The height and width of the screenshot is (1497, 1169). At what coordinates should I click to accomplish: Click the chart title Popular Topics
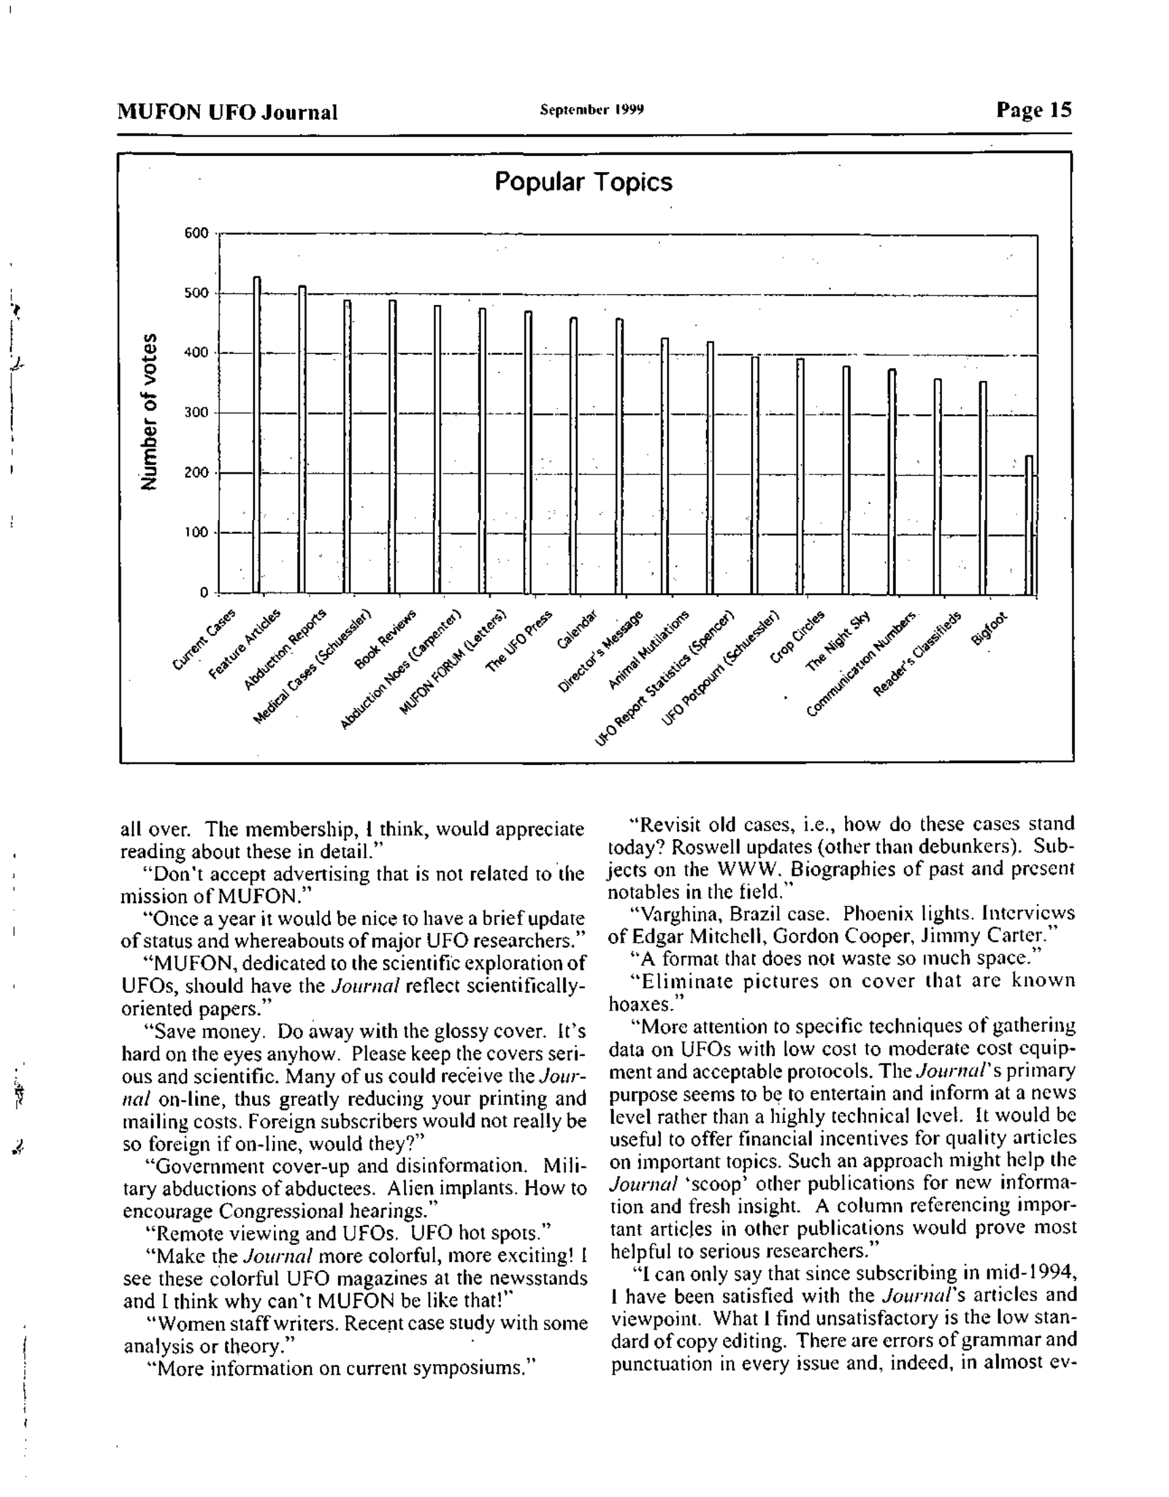pos(583,182)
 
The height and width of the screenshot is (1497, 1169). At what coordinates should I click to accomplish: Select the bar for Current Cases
pos(257,434)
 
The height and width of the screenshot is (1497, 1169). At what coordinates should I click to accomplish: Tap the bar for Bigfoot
pos(1029,525)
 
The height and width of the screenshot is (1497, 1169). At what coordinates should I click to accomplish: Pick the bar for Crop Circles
pos(800,476)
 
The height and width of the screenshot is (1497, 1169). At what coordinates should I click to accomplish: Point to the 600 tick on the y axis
pos(196,233)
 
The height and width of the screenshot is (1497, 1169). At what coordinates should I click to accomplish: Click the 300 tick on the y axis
pos(196,413)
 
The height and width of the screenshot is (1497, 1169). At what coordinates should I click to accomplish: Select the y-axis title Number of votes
pos(149,411)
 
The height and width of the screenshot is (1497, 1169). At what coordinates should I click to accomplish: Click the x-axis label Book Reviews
pos(386,639)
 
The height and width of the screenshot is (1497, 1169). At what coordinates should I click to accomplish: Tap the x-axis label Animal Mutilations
pos(649,649)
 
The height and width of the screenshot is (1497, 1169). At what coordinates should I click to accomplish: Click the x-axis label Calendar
pos(577,630)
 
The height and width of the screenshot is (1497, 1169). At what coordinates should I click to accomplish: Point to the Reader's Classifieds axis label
pos(917,655)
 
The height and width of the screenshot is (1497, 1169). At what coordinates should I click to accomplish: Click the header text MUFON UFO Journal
pos(227,112)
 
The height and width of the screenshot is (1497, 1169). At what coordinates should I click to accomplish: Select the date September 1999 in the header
pos(592,110)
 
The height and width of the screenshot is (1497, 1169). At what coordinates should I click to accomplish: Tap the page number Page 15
pos(1033,110)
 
